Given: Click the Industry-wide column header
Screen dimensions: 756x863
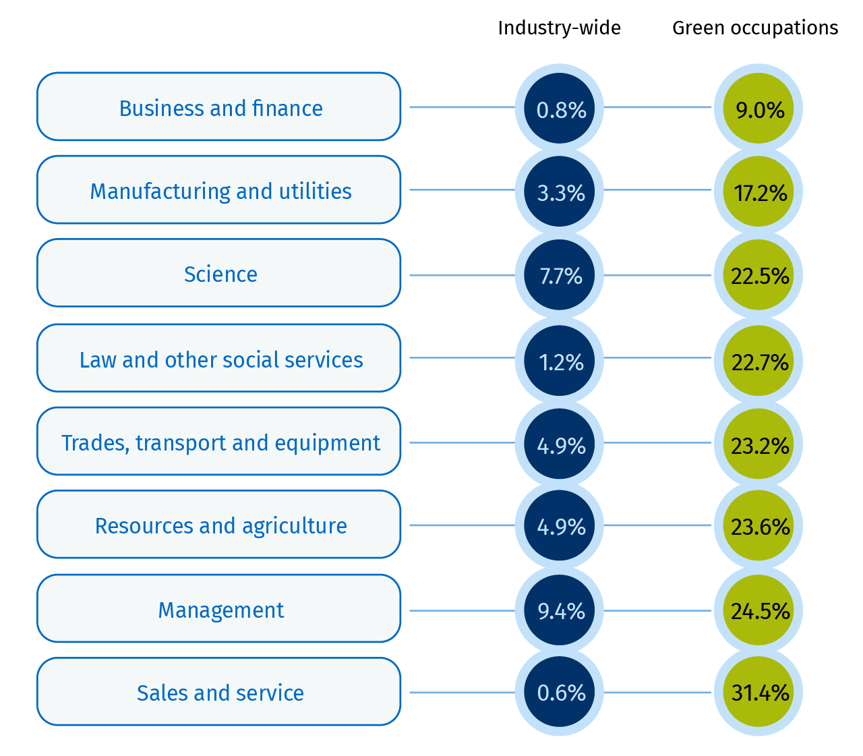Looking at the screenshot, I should point(559,28).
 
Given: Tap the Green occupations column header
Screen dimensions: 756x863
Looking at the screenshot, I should point(755,28).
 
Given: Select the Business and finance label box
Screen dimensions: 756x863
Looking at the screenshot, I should point(219,107).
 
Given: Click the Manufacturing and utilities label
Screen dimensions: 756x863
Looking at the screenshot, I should point(219,190).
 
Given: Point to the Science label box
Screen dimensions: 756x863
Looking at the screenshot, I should point(219,273).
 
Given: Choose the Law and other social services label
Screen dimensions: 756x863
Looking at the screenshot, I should point(219,359).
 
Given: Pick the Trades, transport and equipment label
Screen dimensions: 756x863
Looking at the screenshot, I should point(219,442).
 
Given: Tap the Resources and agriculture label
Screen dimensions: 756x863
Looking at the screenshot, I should point(219,525).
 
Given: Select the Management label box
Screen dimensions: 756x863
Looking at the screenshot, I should point(219,609).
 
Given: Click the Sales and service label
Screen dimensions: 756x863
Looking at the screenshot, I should point(219,692).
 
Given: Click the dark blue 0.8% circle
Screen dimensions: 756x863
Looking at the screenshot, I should point(560,108).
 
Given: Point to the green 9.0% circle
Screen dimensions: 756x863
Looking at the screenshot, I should point(758,108).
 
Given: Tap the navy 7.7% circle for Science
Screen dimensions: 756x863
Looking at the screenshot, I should point(560,275).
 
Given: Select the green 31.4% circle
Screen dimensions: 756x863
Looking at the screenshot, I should point(758,692).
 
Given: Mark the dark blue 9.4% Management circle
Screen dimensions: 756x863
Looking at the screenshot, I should point(560,610).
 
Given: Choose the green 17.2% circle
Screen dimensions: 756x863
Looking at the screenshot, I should point(758,192).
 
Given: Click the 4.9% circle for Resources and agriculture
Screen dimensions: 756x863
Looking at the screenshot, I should point(560,525).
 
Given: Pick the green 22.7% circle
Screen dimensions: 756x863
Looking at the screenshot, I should point(758,361).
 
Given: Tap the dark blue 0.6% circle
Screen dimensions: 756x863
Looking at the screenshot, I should point(560,692).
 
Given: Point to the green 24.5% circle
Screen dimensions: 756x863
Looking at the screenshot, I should point(758,610).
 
